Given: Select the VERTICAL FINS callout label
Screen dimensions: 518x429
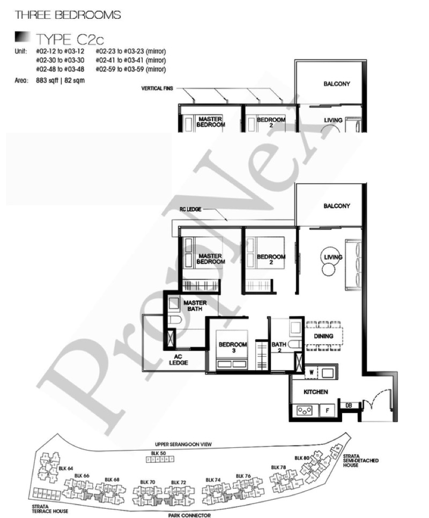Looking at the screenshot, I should [157, 88].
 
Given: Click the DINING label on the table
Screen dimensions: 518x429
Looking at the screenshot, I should [324, 336].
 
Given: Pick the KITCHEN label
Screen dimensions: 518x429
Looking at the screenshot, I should [315, 392].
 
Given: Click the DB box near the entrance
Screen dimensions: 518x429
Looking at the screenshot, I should [348, 405].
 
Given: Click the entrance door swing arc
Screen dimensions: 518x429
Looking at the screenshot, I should [372, 404].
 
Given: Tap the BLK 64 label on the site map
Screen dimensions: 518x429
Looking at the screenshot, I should [65, 469].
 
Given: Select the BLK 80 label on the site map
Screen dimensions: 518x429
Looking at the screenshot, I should [302, 457].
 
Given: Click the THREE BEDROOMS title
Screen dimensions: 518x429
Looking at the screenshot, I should [68, 15].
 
